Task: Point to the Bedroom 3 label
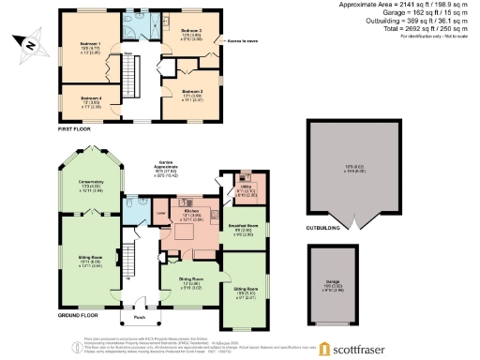point(191,31)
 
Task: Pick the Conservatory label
point(91,184)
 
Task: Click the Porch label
point(139,302)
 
